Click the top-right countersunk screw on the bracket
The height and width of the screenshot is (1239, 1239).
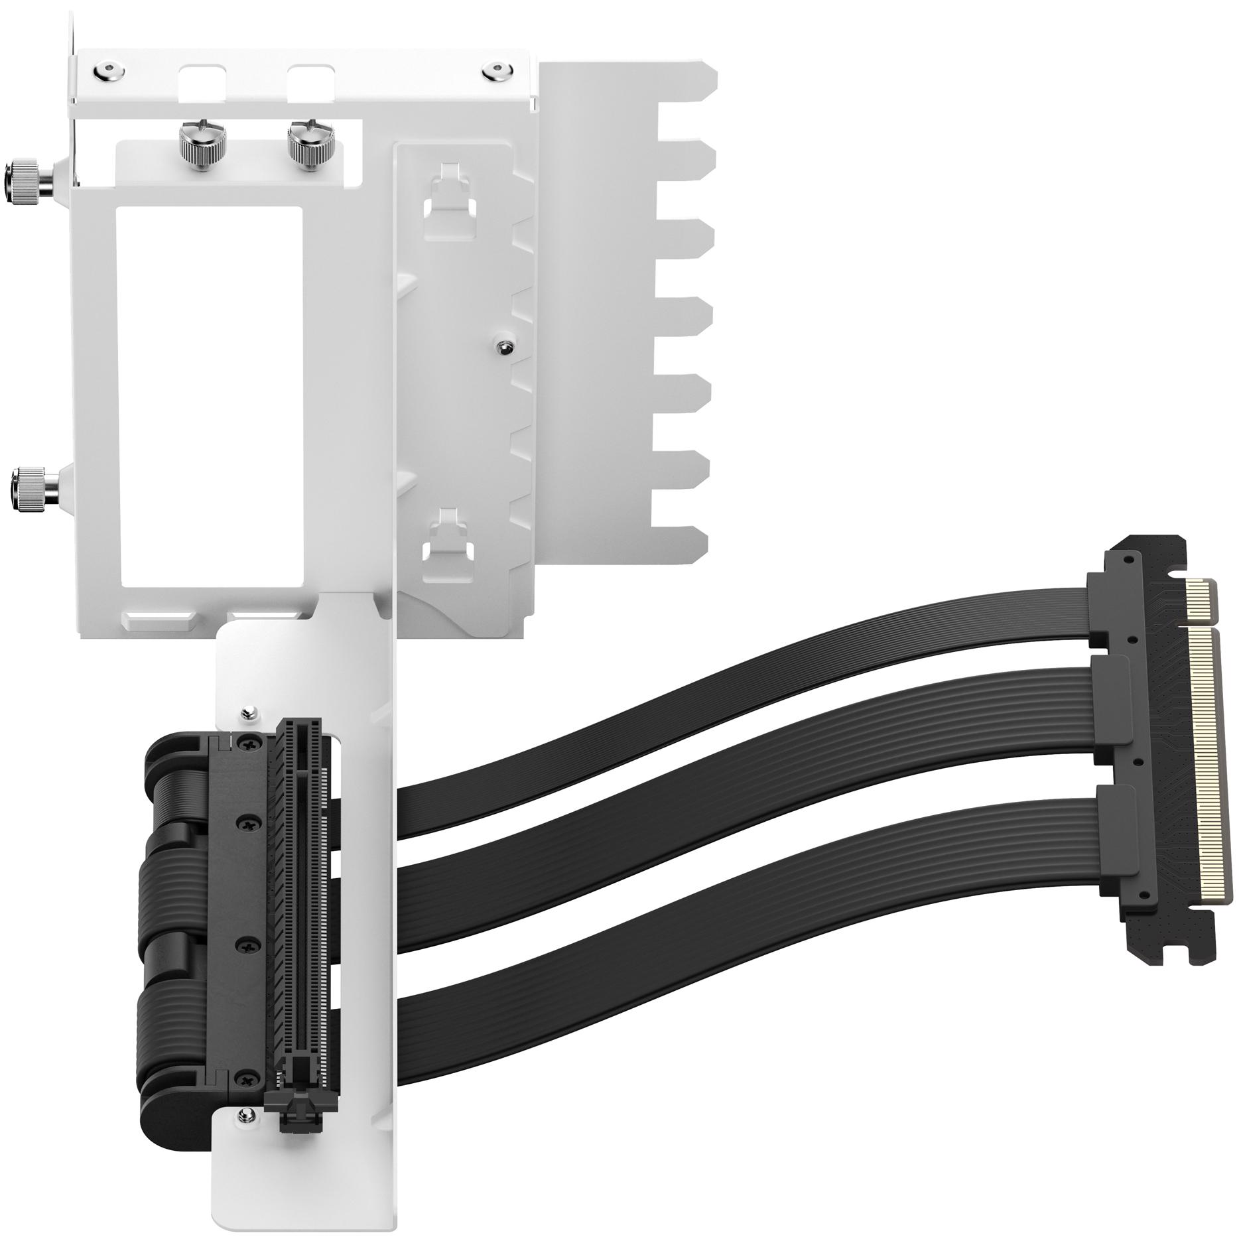494,69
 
